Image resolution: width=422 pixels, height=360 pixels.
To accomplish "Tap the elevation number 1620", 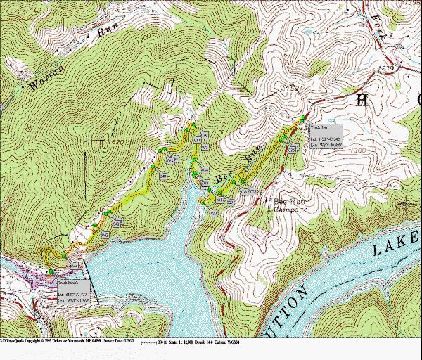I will click(116, 142).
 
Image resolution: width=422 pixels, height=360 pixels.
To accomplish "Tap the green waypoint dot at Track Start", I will click(303, 117).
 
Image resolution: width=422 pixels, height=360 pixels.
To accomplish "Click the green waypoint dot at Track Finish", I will click(51, 271).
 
